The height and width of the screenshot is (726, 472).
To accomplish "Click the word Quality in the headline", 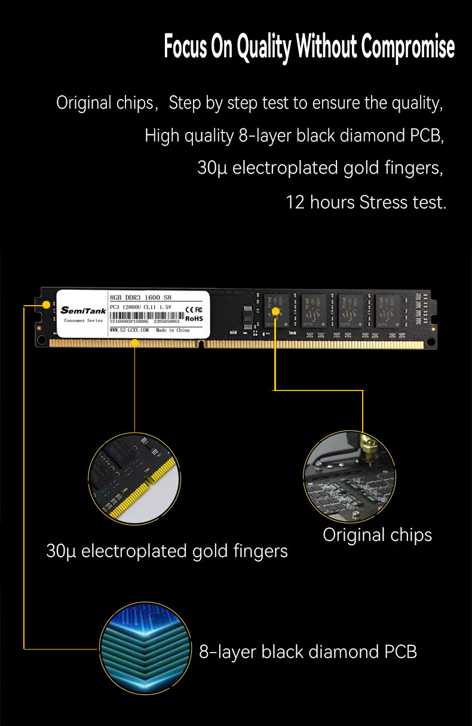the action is [x=263, y=48].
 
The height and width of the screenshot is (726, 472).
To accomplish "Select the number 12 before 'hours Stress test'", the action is [x=295, y=202].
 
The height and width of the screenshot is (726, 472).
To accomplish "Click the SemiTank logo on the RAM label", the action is [x=83, y=310].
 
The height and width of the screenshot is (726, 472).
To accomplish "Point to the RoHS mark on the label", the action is [x=194, y=319].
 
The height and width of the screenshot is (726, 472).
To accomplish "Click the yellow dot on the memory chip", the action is [x=275, y=311].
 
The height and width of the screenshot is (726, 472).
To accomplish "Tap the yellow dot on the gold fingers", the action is [x=135, y=343].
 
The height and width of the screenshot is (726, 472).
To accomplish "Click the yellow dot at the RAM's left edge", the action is [x=46, y=304].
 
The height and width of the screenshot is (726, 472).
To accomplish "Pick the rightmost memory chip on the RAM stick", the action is [x=390, y=310].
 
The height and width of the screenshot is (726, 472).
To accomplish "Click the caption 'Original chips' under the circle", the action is [x=377, y=535].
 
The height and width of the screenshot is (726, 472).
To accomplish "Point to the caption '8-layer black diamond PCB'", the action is [x=308, y=651].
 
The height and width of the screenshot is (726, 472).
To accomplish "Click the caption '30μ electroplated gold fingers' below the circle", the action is [x=167, y=551].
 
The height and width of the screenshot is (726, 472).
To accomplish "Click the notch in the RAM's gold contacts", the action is [x=204, y=344].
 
